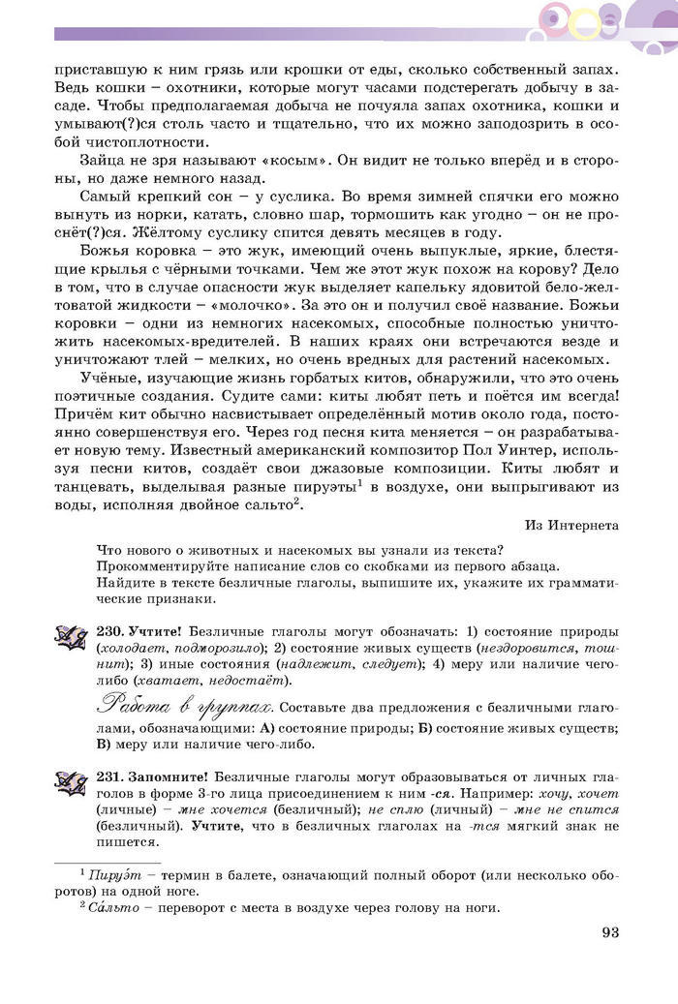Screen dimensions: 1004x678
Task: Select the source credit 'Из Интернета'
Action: [x=571, y=525]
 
